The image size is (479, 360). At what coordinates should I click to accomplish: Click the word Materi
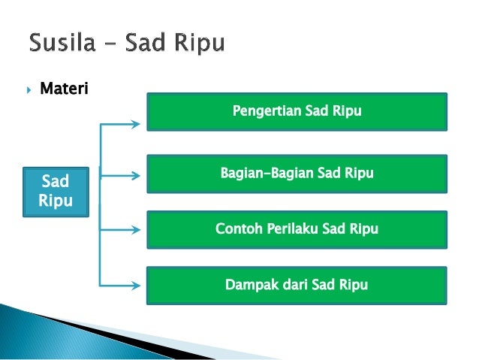click(64, 90)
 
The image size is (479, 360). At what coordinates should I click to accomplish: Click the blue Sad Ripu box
click(56, 192)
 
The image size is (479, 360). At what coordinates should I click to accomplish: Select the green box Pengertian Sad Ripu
click(297, 112)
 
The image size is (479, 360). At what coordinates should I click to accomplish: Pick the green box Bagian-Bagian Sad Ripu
click(297, 174)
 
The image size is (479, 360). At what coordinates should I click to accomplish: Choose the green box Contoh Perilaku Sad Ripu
click(297, 229)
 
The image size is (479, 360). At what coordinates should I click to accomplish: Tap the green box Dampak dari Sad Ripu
click(297, 286)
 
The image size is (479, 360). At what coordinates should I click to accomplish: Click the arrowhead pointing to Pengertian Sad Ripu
click(135, 123)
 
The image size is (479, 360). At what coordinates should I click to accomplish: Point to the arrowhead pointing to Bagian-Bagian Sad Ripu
click(135, 177)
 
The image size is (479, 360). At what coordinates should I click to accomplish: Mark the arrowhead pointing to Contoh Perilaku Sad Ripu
click(135, 231)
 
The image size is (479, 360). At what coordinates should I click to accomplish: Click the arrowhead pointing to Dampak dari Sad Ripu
click(135, 285)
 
